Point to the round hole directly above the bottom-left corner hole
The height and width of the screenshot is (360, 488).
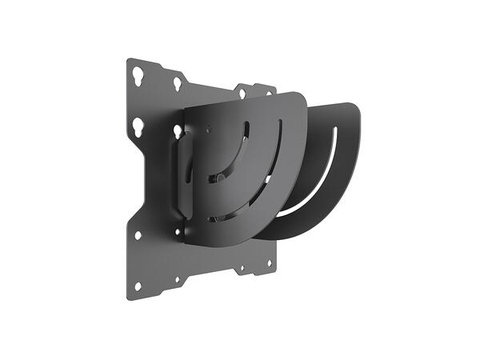click(138, 236)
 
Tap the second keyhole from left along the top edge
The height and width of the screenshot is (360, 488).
click(178, 82)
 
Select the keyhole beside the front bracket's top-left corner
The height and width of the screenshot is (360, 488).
click(178, 130)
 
